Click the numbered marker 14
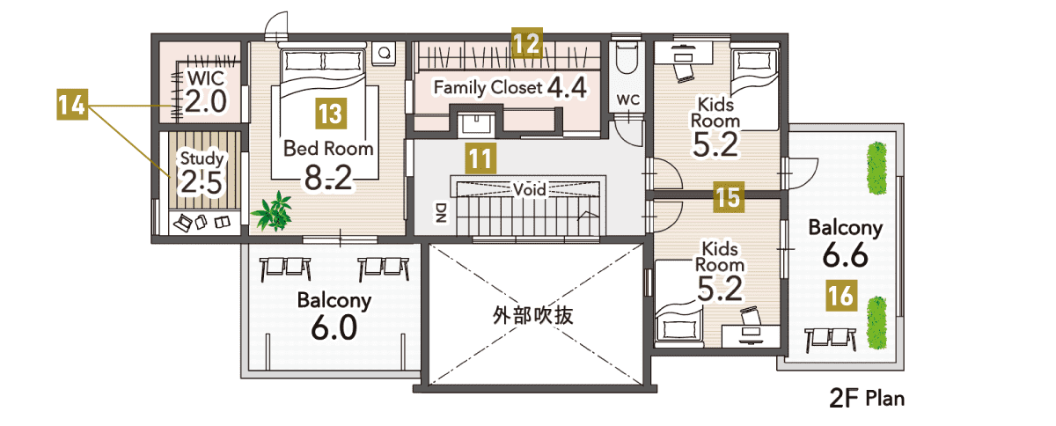click(72, 104)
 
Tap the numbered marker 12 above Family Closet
click(527, 43)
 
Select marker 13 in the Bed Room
click(331, 114)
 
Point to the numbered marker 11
click(480, 158)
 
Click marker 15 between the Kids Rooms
click(729, 197)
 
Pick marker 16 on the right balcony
click(841, 296)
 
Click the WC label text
click(628, 99)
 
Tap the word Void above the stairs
click(530, 189)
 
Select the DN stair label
click(441, 212)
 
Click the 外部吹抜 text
click(533, 316)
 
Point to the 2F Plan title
click(867, 399)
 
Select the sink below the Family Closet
click(477, 122)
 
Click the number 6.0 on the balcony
click(334, 327)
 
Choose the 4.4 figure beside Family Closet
click(567, 87)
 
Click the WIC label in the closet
click(206, 77)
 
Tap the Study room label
click(202, 158)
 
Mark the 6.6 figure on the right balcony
click(846, 254)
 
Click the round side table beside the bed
click(385, 53)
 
